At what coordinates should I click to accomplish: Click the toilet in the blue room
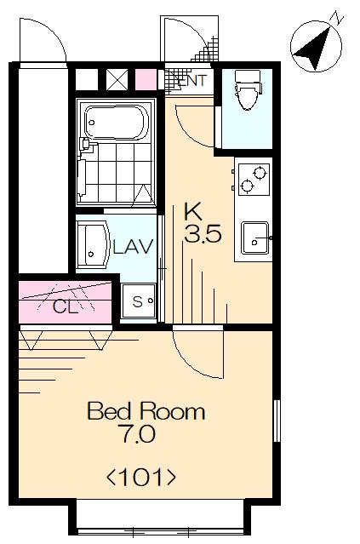(x=248, y=89)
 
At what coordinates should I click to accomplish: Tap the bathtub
(x=117, y=122)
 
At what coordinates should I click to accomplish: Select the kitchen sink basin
(x=255, y=238)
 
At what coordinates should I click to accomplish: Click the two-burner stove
(x=254, y=179)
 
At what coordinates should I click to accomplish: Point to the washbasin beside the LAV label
(x=93, y=246)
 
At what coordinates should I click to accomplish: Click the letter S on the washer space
(x=137, y=301)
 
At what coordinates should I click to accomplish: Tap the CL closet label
(x=66, y=306)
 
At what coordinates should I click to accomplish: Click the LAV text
(x=133, y=247)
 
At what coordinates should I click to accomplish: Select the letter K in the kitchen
(x=193, y=212)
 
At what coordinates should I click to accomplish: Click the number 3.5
(x=203, y=234)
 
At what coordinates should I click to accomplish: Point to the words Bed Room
(x=146, y=411)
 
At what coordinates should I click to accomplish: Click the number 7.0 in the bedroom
(x=138, y=433)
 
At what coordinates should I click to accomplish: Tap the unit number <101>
(x=141, y=477)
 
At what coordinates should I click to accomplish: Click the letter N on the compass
(x=337, y=17)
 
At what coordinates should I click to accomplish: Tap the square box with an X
(x=117, y=79)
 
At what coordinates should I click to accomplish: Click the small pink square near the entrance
(x=146, y=80)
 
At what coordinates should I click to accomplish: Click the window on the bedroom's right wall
(x=277, y=421)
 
